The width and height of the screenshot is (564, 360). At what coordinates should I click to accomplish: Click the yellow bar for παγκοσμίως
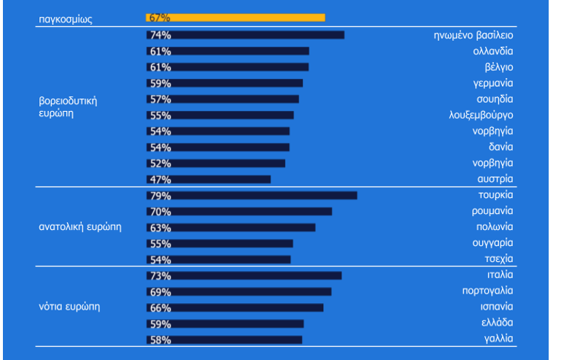(x=236, y=18)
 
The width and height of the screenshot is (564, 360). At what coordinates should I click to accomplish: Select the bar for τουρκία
(x=252, y=195)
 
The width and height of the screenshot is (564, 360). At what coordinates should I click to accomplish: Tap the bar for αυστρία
(x=209, y=180)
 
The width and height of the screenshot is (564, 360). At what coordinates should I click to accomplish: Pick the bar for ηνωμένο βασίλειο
(x=245, y=35)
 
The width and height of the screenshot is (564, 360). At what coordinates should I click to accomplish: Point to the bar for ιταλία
(x=244, y=275)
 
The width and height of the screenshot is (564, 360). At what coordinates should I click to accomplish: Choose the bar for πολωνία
(x=231, y=228)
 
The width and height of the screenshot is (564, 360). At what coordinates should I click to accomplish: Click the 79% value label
(x=161, y=196)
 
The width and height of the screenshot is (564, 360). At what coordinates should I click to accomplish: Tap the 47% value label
(x=161, y=180)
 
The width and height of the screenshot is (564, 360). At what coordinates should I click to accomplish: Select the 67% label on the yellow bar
(x=160, y=18)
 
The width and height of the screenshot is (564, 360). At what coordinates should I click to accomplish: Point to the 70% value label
(x=161, y=212)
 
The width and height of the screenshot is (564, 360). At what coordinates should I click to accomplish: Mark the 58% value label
(x=161, y=340)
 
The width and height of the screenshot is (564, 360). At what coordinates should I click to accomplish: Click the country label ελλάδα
(x=497, y=323)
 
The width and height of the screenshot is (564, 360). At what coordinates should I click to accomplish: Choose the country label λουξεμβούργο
(x=481, y=115)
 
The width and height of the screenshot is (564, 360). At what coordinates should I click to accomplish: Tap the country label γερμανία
(x=493, y=83)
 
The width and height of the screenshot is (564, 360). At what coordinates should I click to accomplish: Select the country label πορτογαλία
(x=487, y=291)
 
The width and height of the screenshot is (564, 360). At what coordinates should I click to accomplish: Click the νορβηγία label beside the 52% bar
(x=492, y=163)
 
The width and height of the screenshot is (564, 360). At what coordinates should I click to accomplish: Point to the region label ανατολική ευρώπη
(x=80, y=227)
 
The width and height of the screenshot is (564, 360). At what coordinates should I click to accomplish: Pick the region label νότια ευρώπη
(x=69, y=307)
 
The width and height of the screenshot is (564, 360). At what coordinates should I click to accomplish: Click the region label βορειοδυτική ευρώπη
(x=68, y=107)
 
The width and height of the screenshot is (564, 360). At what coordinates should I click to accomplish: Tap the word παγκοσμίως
(x=66, y=19)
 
